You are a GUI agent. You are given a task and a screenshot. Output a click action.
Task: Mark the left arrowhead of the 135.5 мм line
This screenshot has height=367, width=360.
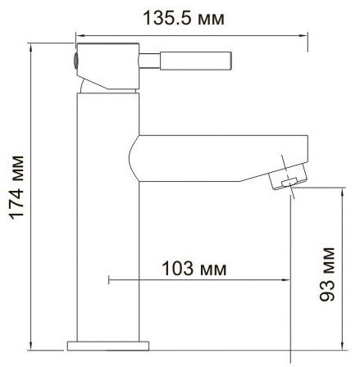(x=79, y=34)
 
